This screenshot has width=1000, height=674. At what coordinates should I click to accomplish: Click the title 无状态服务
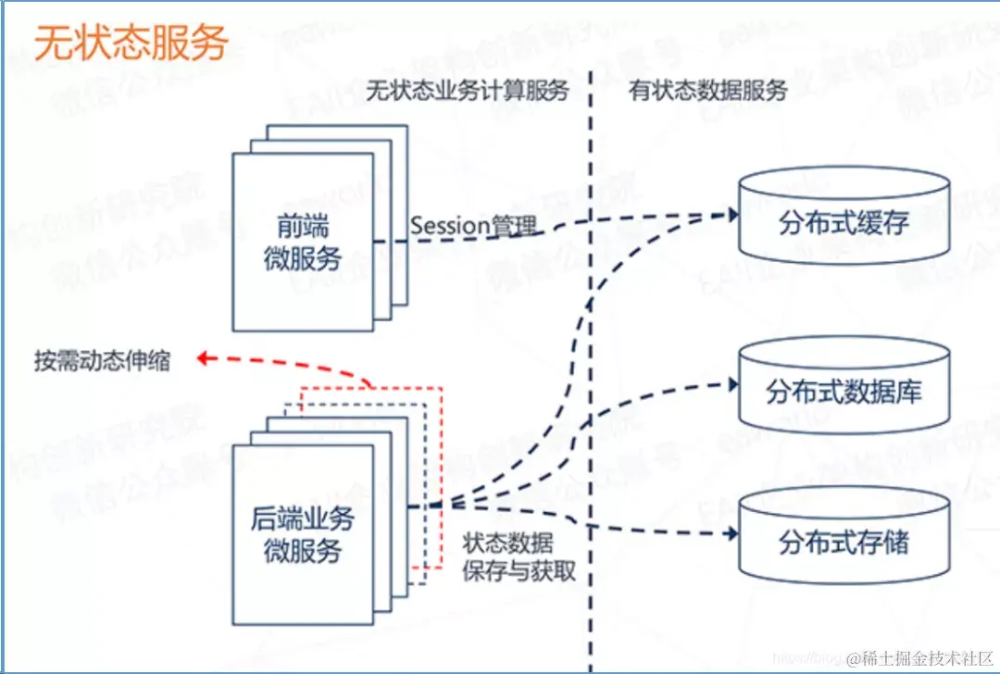(x=131, y=44)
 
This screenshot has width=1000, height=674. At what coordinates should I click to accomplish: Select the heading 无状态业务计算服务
(x=467, y=91)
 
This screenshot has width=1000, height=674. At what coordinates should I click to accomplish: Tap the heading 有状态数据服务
(x=708, y=91)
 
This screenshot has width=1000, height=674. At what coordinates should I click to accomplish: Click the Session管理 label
(x=473, y=225)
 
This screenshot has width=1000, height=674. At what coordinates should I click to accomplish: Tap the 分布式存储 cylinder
(x=844, y=542)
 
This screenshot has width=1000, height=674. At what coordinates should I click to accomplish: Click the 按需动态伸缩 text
(x=103, y=360)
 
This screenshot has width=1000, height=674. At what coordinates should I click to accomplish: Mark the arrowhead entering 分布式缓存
(x=732, y=215)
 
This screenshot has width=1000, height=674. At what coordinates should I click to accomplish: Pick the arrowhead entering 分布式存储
(x=732, y=535)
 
